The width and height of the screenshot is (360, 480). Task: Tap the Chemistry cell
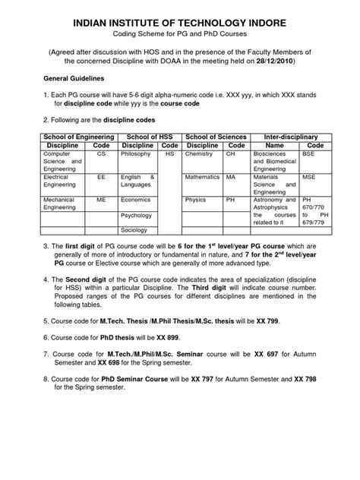pyautogui.click(x=198, y=153)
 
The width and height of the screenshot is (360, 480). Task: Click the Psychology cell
pyautogui.click(x=137, y=216)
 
